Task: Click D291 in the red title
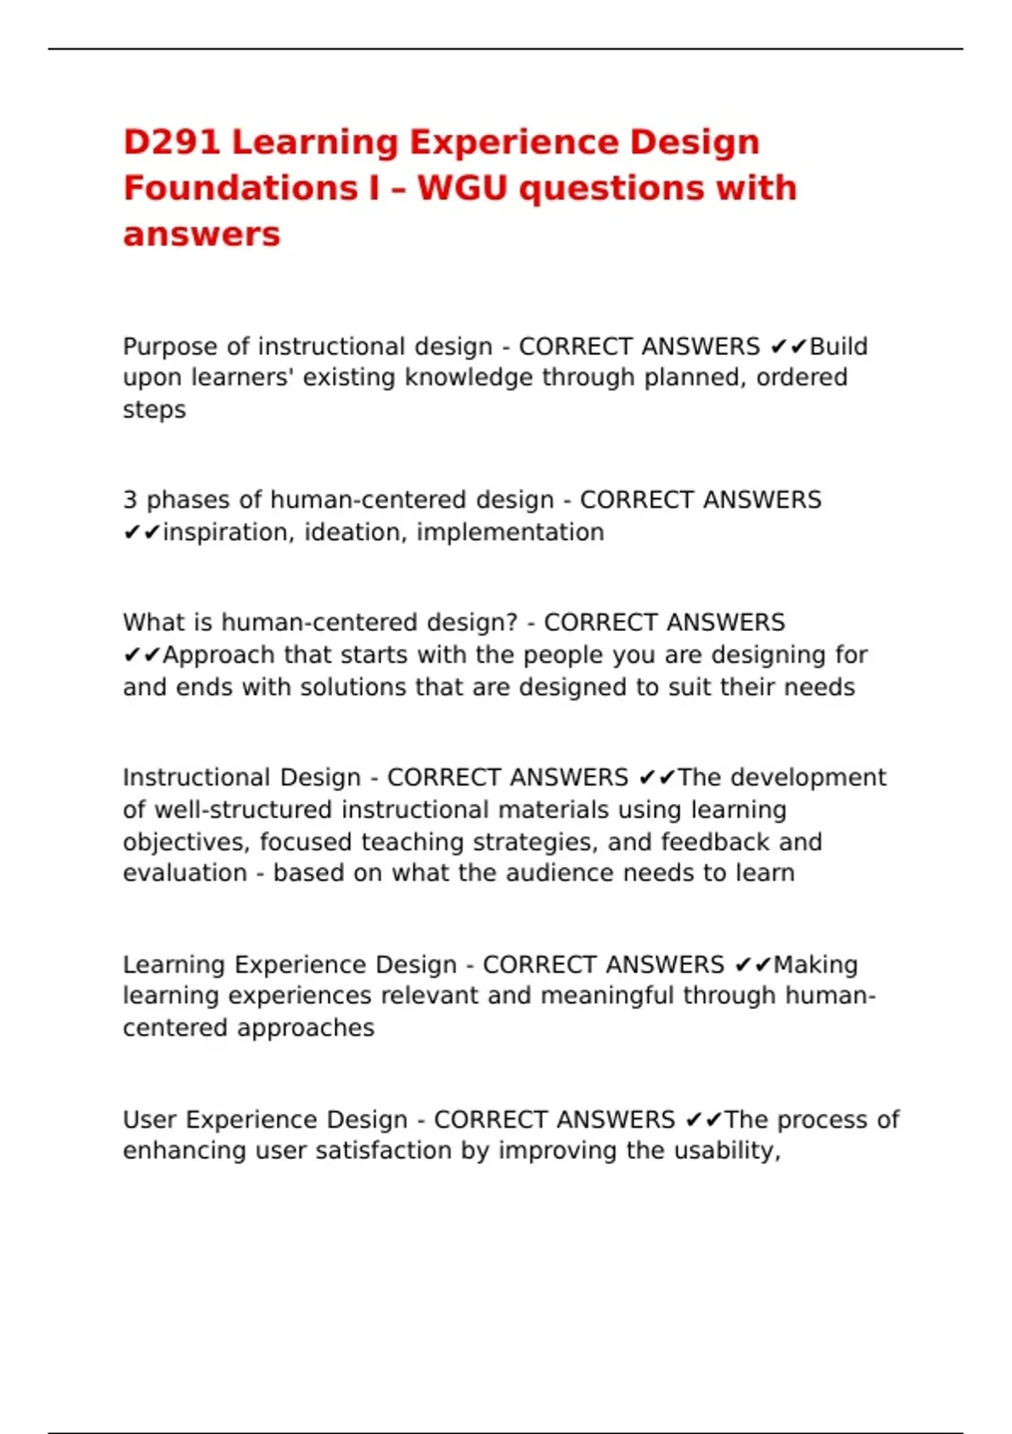point(172,142)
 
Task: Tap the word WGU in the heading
point(462,188)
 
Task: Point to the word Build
point(838,347)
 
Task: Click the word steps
point(154,410)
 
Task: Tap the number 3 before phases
point(130,500)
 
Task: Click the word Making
point(816,965)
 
